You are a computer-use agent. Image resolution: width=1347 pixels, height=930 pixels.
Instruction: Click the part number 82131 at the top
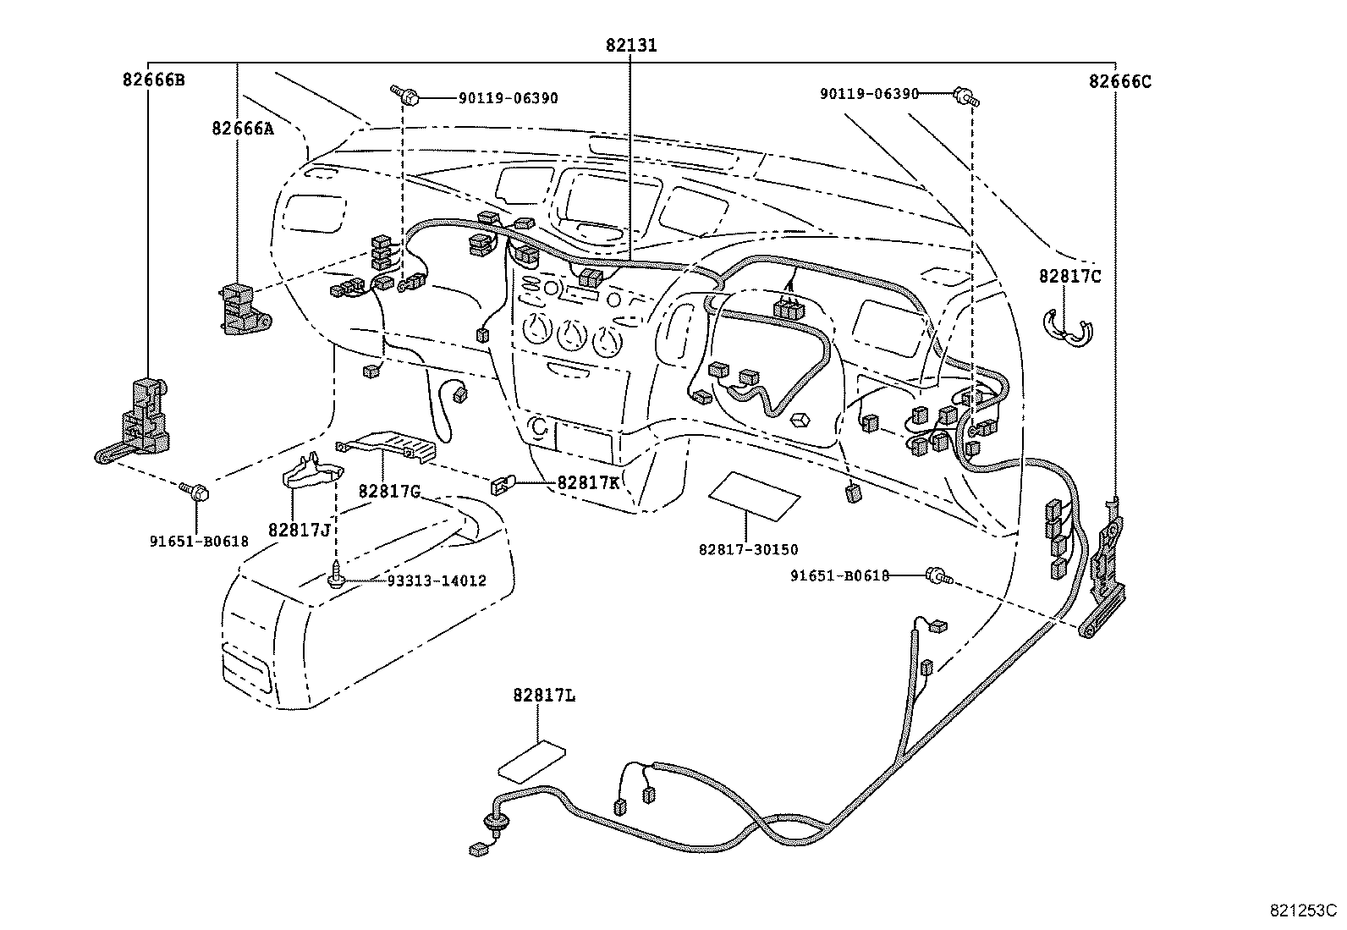[631, 45]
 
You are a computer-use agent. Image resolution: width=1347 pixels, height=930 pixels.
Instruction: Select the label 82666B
[154, 80]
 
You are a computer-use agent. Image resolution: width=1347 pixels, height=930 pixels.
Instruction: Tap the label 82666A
[242, 128]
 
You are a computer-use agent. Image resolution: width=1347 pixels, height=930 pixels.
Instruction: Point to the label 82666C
[1120, 81]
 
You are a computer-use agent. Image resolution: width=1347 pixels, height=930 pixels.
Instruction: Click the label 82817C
[1070, 276]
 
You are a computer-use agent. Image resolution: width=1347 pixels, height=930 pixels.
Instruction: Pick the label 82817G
[390, 492]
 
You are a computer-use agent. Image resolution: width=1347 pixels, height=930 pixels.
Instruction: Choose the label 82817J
[300, 530]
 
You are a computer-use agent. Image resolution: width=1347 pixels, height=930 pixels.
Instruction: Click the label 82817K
[588, 482]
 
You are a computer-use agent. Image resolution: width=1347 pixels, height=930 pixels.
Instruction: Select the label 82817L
[544, 696]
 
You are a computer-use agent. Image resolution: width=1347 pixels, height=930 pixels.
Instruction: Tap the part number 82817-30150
[749, 550]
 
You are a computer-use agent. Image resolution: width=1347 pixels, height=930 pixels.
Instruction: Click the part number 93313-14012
[437, 581]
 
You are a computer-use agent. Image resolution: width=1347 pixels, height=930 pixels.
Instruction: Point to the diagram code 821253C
[1303, 911]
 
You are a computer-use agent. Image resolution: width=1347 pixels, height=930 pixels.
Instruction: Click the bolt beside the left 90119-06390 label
[406, 95]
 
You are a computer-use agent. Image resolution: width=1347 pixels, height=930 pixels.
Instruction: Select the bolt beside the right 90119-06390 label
[966, 96]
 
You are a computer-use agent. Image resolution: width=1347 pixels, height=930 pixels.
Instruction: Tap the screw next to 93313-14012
[336, 575]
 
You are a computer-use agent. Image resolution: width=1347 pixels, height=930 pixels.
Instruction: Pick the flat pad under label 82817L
[532, 762]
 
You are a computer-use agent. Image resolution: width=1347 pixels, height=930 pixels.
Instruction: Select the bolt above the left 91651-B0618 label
[195, 492]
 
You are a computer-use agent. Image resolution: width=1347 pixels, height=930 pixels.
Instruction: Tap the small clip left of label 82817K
[503, 485]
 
